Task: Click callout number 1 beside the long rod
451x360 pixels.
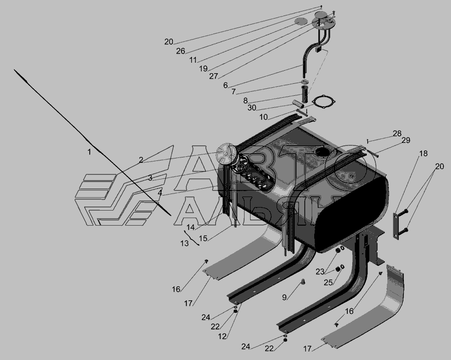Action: [x=89, y=152]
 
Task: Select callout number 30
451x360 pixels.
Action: [x=252, y=108]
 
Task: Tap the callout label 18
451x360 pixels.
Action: [x=423, y=153]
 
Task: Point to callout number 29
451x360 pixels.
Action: [x=406, y=140]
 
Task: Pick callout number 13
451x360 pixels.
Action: [x=184, y=244]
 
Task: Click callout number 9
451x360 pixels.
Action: [x=284, y=297]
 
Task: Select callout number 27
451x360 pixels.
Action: [x=213, y=76]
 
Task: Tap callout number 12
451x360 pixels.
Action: [x=222, y=336]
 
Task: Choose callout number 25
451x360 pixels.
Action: [x=328, y=283]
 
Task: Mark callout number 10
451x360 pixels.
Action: [x=264, y=117]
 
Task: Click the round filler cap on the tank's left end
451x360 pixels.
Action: [x=226, y=150]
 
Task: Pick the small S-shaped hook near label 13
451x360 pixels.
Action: [x=192, y=238]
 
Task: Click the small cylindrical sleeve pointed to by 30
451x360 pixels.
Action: [x=298, y=102]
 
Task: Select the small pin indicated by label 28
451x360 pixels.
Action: [x=368, y=141]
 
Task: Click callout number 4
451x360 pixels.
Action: [x=160, y=193]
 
